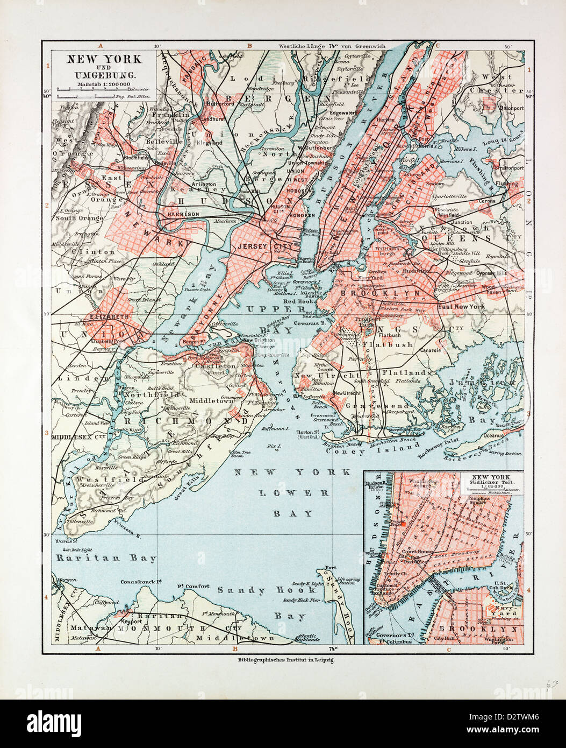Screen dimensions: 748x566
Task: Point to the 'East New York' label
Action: pyautogui.click(x=461, y=306)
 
